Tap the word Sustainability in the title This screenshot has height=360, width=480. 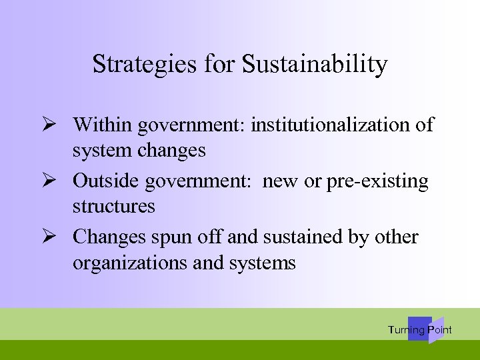(314, 64)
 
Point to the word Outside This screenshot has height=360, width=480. (106, 181)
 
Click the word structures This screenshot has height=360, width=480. (113, 206)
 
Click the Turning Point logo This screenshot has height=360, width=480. (420, 329)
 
